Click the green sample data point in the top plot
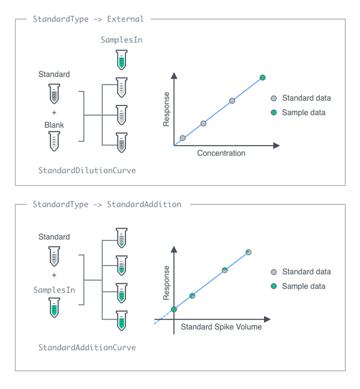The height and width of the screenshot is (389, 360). (x=262, y=77)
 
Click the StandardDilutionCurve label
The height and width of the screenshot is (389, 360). (x=87, y=170)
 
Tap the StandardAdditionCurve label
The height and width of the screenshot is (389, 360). (x=87, y=348)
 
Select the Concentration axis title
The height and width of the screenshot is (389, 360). (x=221, y=153)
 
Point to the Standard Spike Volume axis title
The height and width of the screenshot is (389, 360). (x=221, y=327)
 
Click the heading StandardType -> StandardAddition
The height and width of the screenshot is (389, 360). (x=107, y=204)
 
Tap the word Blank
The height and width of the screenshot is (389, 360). (x=54, y=125)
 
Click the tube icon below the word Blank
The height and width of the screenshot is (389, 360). (x=54, y=141)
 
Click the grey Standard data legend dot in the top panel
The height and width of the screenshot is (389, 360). (x=274, y=98)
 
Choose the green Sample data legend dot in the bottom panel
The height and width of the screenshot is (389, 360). (x=274, y=287)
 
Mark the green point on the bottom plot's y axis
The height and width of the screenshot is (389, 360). (x=173, y=309)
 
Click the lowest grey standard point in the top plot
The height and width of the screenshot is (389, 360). (x=182, y=138)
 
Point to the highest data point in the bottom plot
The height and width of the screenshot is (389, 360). (x=248, y=252)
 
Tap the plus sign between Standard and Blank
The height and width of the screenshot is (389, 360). (x=54, y=113)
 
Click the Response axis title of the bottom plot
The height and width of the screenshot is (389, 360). (x=167, y=283)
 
